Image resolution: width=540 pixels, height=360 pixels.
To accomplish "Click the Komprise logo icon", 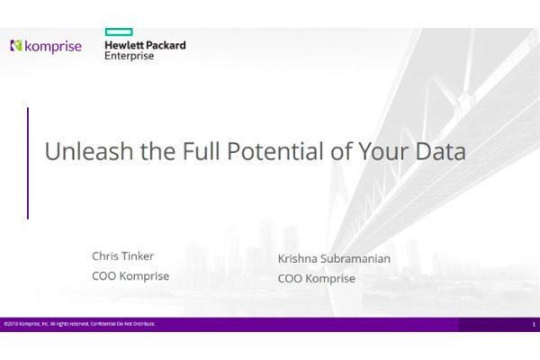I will click(x=15, y=45).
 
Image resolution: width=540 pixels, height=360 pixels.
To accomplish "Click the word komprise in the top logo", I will click(x=52, y=45).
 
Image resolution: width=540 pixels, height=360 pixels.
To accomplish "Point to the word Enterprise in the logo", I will click(x=130, y=56).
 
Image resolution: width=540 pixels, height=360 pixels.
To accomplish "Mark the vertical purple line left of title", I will click(x=27, y=163).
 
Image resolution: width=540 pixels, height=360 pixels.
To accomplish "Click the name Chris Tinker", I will click(x=122, y=256).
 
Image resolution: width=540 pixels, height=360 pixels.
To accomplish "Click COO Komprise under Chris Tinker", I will click(x=130, y=276).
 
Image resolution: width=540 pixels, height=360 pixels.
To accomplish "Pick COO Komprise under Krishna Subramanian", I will click(x=316, y=279).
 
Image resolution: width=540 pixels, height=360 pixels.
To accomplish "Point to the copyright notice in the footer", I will click(x=79, y=324).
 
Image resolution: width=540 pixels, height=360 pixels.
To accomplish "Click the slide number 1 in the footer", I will click(x=533, y=324).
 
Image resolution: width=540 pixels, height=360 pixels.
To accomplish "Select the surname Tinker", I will click(x=136, y=256).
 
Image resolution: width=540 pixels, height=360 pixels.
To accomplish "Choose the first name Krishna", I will click(x=300, y=259).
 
